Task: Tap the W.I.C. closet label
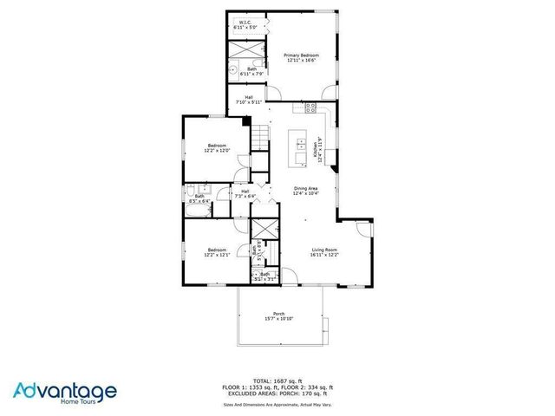pyautogui.click(x=245, y=26)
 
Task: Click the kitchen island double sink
pyautogui.click(x=300, y=143)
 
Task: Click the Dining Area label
pyautogui.click(x=304, y=191)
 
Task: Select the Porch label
pyautogui.click(x=279, y=315)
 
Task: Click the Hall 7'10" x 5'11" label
pyautogui.click(x=249, y=99)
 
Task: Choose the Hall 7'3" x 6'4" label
pyautogui.click(x=245, y=193)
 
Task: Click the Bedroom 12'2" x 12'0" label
pyautogui.click(x=216, y=147)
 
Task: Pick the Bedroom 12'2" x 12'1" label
pyautogui.click(x=216, y=251)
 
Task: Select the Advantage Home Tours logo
pyautogui.click(x=65, y=392)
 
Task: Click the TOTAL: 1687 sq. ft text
pyautogui.click(x=277, y=380)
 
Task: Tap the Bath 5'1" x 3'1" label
pyautogui.click(x=264, y=276)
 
